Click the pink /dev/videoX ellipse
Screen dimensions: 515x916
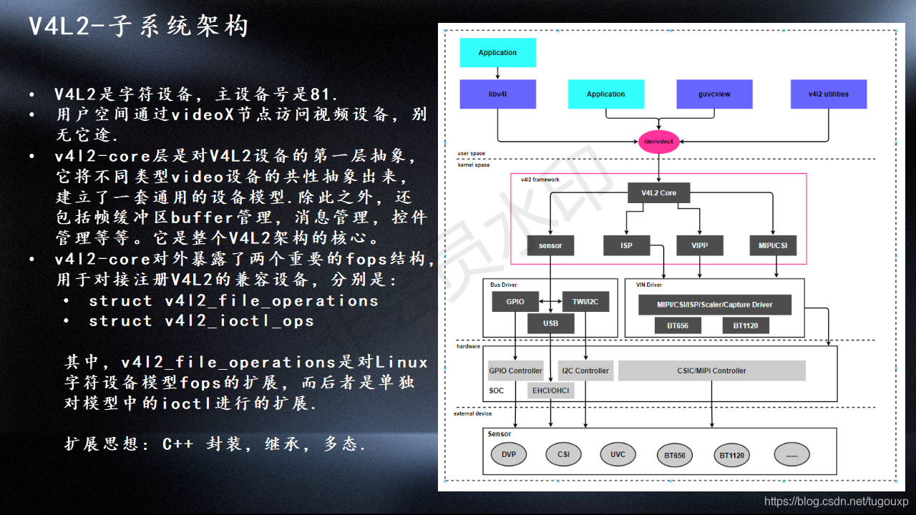(658, 142)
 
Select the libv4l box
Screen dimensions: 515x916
(497, 94)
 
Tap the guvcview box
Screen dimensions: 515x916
(713, 94)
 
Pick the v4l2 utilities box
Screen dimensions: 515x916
(828, 94)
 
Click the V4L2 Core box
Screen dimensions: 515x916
(658, 192)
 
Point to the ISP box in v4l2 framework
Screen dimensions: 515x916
(627, 245)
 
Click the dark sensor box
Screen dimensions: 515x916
(550, 245)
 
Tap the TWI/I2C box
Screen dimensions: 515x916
(585, 302)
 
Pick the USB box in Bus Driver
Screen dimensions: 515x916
(550, 323)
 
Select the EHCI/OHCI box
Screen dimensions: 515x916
(550, 391)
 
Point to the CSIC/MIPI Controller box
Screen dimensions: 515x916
(711, 371)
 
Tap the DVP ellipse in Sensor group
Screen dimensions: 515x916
(509, 454)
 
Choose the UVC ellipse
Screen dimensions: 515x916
(618, 454)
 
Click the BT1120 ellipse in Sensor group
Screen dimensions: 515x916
(731, 455)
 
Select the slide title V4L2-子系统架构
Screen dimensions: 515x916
(138, 27)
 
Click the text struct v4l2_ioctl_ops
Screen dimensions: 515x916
(201, 321)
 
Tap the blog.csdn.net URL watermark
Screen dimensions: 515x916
(836, 502)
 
